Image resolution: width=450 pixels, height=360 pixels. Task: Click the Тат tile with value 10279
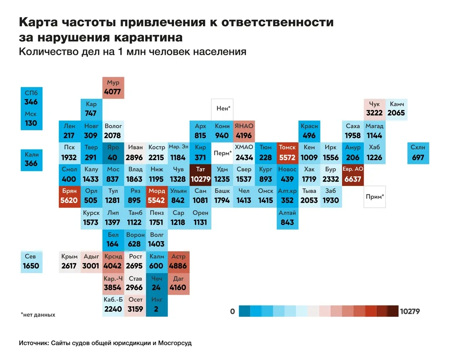200,174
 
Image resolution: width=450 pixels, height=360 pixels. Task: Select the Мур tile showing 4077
113,87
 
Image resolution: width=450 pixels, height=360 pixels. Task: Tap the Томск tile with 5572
287,153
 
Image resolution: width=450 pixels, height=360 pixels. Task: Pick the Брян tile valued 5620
69,196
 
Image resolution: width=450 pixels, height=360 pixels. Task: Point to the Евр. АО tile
353,174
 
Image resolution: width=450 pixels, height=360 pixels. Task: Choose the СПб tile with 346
31,98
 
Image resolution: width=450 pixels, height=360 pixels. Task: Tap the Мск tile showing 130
31,119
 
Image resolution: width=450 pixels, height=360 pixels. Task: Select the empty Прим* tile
375,197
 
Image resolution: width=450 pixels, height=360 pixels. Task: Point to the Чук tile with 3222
374,109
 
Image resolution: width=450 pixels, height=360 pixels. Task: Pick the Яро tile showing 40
113,153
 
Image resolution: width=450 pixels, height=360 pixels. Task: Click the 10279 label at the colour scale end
410,312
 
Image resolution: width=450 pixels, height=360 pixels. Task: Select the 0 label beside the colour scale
232,312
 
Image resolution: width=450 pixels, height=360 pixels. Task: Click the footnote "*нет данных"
38,315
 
